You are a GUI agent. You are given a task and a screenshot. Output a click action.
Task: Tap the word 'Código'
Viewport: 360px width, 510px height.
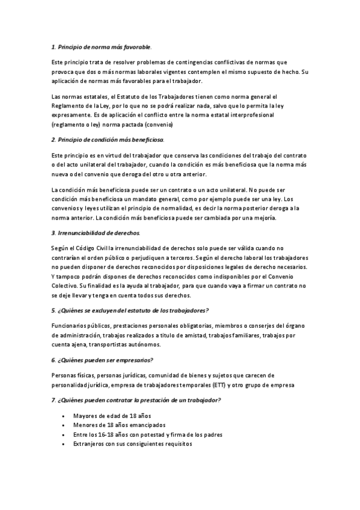(90, 248)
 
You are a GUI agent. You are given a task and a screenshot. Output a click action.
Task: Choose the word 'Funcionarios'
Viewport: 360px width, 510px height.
(70, 326)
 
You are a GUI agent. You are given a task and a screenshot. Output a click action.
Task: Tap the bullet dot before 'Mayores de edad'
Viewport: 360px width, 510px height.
(64, 416)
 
